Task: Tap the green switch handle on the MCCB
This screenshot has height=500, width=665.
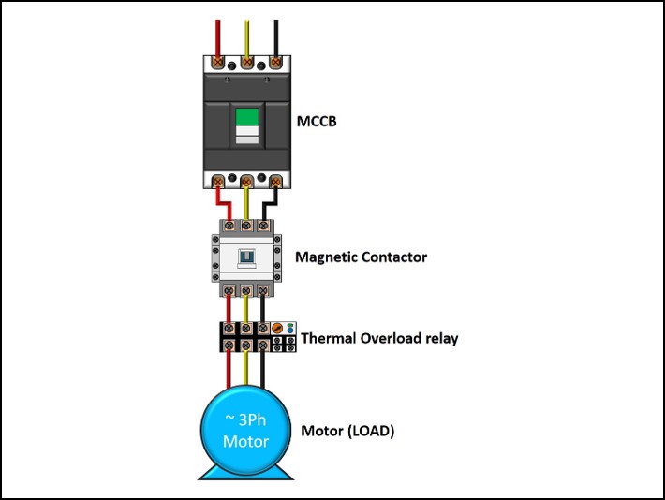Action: [x=246, y=117]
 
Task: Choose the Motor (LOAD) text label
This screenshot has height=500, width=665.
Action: [x=347, y=432]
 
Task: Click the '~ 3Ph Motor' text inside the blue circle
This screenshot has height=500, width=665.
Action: [x=245, y=431]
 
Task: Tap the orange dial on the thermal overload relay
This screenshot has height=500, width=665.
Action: [x=276, y=328]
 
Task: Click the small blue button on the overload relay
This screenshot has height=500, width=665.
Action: [x=290, y=324]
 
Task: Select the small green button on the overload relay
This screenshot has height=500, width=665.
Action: [x=290, y=331]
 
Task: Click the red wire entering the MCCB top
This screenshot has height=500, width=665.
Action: [x=218, y=37]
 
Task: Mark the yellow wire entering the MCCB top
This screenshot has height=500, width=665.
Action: [x=246, y=37]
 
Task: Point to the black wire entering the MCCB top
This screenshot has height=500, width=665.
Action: [x=275, y=37]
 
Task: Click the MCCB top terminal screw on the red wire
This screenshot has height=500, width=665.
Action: [x=218, y=62]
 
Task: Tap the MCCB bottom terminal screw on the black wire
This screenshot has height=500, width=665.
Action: [x=275, y=180]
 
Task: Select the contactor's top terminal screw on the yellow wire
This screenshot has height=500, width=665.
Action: [x=245, y=226]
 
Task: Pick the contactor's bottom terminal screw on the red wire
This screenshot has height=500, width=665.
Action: [x=228, y=290]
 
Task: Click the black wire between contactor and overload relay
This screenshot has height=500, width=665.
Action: [x=263, y=309]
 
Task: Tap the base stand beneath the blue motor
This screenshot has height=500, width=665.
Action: [x=245, y=474]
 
